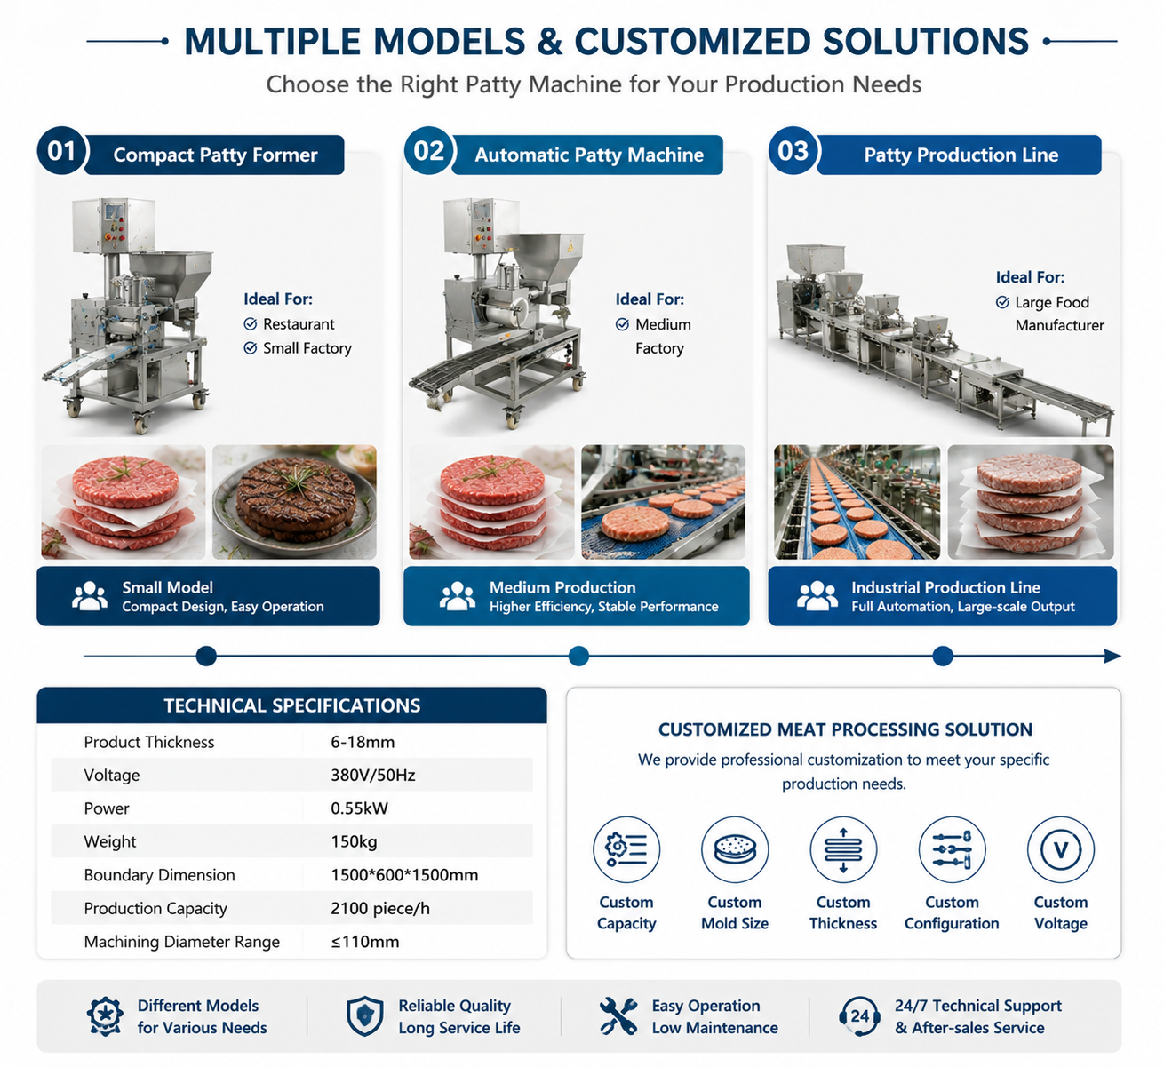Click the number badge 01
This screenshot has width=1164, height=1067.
click(61, 151)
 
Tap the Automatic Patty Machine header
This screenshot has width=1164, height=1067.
click(588, 155)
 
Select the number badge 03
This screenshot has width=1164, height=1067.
click(793, 151)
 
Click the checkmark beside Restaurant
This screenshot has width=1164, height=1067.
click(250, 323)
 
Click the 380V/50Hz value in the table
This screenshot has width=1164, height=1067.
click(373, 776)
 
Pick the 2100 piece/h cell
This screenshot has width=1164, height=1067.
click(380, 908)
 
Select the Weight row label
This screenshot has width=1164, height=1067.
click(109, 841)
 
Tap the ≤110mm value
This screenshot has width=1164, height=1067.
click(365, 941)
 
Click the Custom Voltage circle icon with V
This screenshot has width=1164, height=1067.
click(1061, 849)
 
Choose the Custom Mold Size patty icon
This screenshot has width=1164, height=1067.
click(735, 849)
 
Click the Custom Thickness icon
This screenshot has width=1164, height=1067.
click(843, 849)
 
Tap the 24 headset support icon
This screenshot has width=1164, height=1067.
click(859, 1016)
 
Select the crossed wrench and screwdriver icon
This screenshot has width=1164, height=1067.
click(618, 1016)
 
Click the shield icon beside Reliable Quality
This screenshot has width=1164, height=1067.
click(364, 1016)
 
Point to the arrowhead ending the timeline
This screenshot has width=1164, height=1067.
click(1112, 657)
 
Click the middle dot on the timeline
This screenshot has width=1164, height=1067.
click(578, 657)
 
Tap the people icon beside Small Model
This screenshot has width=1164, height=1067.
click(90, 596)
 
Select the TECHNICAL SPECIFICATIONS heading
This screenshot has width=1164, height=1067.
click(291, 705)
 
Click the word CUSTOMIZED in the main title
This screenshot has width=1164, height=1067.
click(692, 41)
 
